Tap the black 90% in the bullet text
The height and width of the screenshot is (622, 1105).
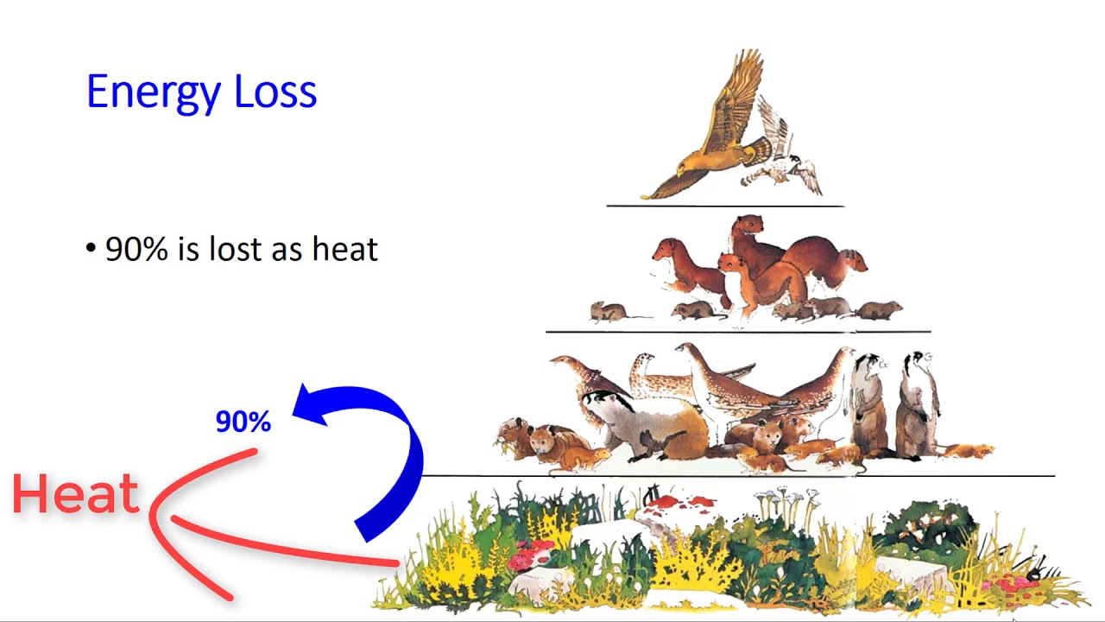point(136,249)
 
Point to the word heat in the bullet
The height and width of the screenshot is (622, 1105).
point(344,249)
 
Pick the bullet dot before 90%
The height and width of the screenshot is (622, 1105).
point(91,249)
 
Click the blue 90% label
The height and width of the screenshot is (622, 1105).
point(243,422)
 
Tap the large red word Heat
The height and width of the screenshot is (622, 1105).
point(76,494)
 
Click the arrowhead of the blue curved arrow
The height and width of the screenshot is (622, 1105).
point(311,404)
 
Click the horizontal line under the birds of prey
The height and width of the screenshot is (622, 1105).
point(725,206)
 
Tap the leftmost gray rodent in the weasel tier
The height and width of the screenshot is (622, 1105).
point(609,311)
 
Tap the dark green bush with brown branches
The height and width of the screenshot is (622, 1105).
point(924,527)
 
